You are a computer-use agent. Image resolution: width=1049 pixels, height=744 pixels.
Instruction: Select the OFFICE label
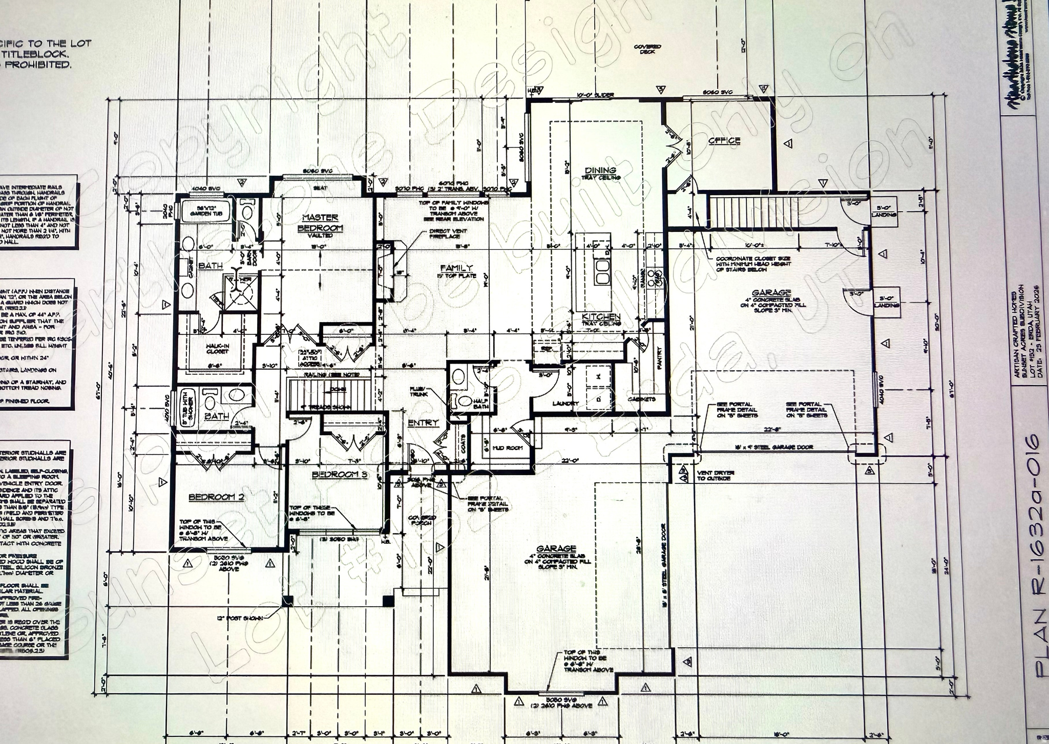coord(724,141)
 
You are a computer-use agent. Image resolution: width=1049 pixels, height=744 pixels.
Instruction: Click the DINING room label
coord(600,171)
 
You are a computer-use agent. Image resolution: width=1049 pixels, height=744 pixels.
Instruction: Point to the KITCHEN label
coord(601,317)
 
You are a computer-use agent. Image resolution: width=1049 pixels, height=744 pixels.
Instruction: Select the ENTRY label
coord(423,422)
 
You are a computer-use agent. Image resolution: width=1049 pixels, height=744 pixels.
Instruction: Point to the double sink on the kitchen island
coord(601,271)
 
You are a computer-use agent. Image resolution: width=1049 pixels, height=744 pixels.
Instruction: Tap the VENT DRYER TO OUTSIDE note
coord(715,476)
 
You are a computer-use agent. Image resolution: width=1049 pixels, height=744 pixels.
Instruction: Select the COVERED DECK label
coord(647,49)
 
